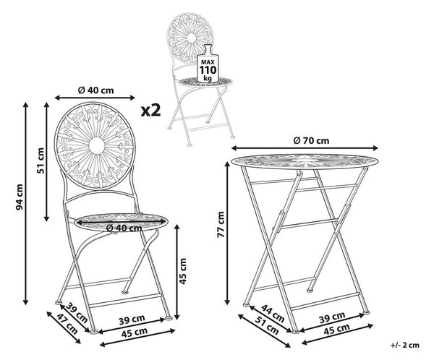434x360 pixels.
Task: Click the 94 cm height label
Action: point(20,197)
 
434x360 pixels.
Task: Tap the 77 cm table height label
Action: point(221,225)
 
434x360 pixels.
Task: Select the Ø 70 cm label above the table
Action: point(311,141)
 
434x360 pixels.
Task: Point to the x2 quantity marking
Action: point(150,111)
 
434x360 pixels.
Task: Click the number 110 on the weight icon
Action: point(208,70)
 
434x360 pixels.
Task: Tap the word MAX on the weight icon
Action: point(208,62)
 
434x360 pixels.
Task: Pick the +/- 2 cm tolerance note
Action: point(405,345)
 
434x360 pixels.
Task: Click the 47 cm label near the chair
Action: point(67,324)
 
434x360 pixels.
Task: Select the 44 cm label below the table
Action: point(273,313)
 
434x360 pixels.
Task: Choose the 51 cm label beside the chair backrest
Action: point(41,160)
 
